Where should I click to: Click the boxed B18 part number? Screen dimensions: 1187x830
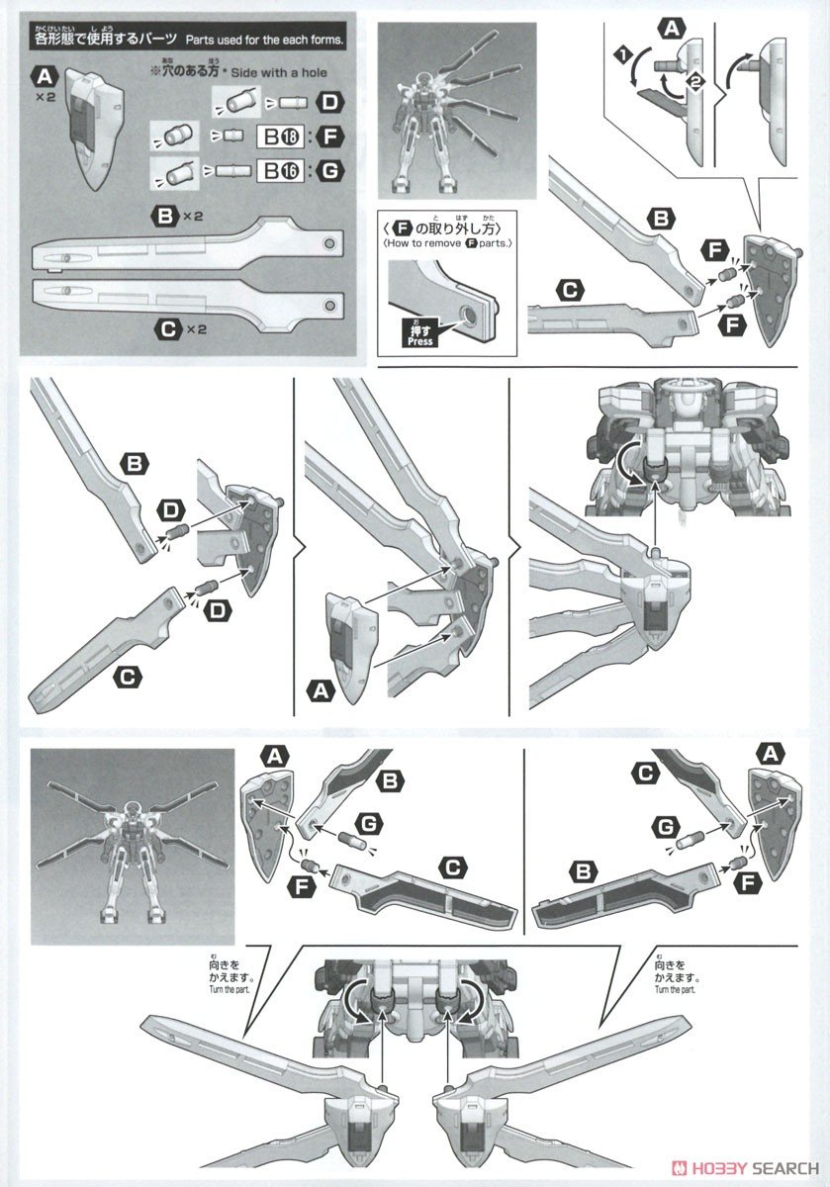(x=277, y=136)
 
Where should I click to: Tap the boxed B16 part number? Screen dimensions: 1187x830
(x=277, y=171)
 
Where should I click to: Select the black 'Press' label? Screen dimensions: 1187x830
(x=416, y=334)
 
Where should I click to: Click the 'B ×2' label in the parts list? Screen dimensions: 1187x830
(x=174, y=214)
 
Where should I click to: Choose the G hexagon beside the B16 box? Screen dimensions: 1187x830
(x=327, y=171)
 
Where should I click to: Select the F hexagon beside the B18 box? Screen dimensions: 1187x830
(x=327, y=136)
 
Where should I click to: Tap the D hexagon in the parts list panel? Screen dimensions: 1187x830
(x=328, y=101)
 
